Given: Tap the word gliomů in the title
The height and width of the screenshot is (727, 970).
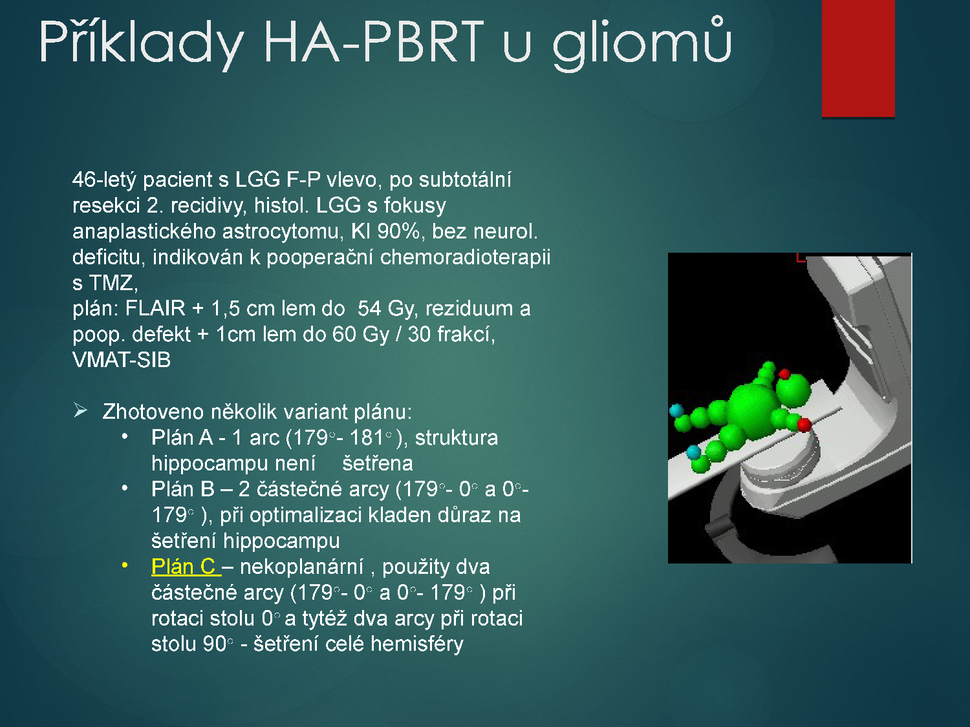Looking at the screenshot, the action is [642, 43].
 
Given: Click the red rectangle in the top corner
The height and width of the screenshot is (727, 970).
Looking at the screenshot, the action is [858, 58].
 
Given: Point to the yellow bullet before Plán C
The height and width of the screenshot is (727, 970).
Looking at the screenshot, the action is [125, 565].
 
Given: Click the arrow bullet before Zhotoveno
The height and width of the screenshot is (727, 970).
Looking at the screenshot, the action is [80, 410].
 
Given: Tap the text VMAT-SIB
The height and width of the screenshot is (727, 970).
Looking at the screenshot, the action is [122, 360].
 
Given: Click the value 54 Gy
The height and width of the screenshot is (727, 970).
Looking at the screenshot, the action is [387, 308].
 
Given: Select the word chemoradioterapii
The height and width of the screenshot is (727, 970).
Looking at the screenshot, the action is [466, 257].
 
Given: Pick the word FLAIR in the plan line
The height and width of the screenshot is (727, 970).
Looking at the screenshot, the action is [155, 308].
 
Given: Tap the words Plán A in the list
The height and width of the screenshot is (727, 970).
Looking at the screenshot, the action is [182, 437].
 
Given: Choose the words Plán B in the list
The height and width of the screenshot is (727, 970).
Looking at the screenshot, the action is [183, 489].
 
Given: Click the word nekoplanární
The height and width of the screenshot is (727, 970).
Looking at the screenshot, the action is [302, 567].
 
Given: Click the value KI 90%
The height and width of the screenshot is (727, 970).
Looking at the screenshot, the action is [385, 231].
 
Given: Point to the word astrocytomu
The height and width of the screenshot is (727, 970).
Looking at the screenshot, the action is [283, 232].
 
